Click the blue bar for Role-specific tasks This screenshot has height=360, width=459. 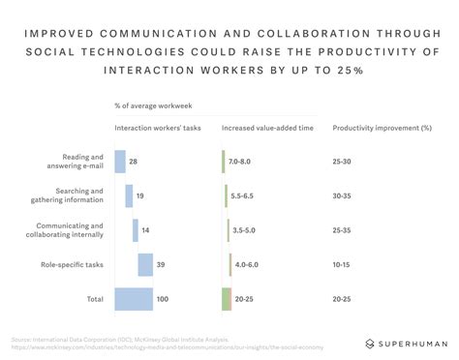[x=145, y=264]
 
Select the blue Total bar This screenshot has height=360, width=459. [x=134, y=299]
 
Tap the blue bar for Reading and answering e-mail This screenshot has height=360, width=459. [x=120, y=162]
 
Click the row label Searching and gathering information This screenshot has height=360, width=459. [x=77, y=195]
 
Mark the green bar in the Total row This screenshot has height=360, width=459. [x=226, y=299]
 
